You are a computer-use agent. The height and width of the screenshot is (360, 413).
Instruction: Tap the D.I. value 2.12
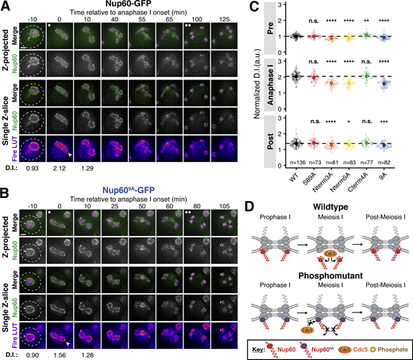pyautogui.click(x=59, y=169)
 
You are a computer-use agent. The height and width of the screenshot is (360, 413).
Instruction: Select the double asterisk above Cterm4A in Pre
pyautogui.click(x=367, y=21)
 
